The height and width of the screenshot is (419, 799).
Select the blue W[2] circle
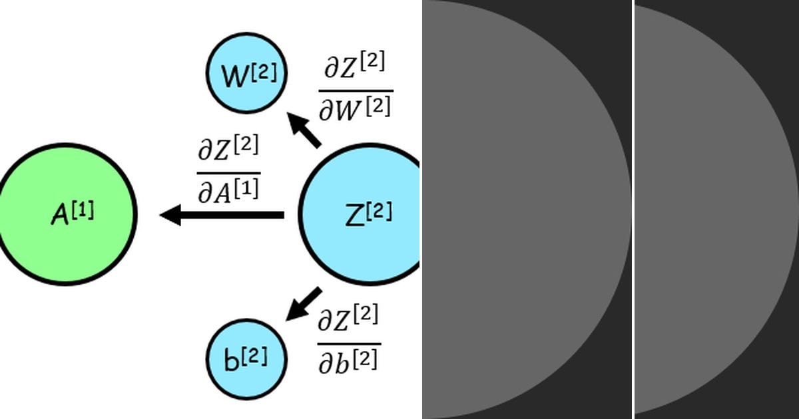click(246, 73)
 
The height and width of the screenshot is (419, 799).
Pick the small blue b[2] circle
click(246, 358)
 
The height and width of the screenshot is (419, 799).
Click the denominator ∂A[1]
click(228, 189)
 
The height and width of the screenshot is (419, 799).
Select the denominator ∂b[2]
click(348, 360)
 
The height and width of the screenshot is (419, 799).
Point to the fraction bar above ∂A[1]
click(228, 172)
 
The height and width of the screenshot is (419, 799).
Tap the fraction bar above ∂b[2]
click(348, 344)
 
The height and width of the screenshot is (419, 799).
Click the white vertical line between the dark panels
click(633, 209)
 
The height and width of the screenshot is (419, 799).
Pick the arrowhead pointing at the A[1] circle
click(170, 215)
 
